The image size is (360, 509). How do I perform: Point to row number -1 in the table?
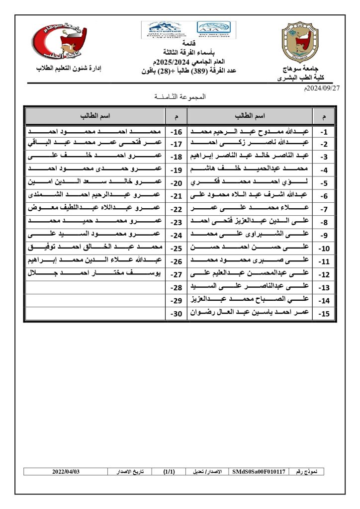(x=324, y=133)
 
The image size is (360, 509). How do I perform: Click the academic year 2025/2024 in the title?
(x=174, y=62)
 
